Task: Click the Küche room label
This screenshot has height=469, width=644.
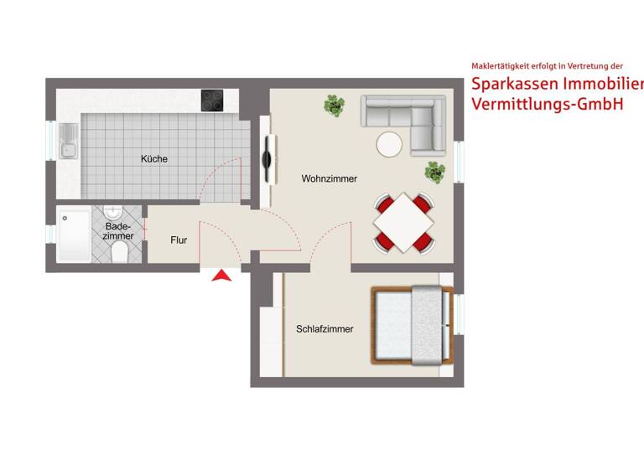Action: point(153,159)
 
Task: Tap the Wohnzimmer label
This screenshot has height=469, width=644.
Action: point(330,179)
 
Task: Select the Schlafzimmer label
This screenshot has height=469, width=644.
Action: point(325,329)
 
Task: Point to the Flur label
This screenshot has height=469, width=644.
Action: point(179,240)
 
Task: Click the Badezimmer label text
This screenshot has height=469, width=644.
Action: point(119,231)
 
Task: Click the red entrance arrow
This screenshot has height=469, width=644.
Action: point(221,276)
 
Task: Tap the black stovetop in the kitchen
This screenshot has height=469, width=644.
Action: point(212,100)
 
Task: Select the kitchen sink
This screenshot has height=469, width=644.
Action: point(68,142)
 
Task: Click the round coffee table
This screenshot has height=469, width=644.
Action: point(389,144)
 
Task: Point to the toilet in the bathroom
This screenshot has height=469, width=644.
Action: point(119,252)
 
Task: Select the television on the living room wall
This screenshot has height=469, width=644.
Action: point(267,160)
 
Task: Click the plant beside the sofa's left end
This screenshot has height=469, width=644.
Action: point(335,106)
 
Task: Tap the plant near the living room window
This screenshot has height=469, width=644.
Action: point(435,173)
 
